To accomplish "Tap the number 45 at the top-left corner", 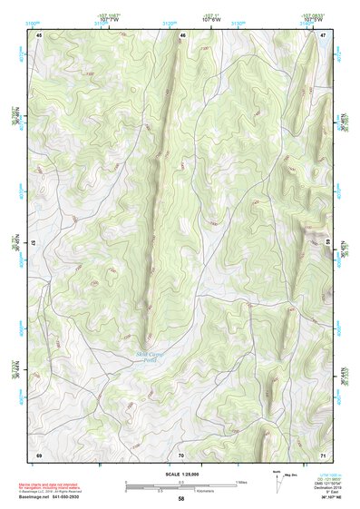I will pyautogui.click(x=39, y=35).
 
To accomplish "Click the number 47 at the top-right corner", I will pyautogui.click(x=323, y=35).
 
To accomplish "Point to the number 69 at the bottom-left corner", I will pyautogui.click(x=39, y=454).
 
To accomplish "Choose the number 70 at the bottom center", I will pyautogui.click(x=181, y=454).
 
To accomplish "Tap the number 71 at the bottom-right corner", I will pyautogui.click(x=323, y=454).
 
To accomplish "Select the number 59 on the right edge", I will pyautogui.click(x=328, y=243).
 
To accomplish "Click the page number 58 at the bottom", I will pyautogui.click(x=181, y=498).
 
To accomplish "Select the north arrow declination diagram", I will pyautogui.click(x=278, y=475).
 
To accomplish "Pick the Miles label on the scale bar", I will pyautogui.click(x=241, y=481).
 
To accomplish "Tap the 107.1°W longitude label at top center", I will pyautogui.click(x=211, y=18).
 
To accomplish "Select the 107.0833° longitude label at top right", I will pyautogui.click(x=313, y=15).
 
